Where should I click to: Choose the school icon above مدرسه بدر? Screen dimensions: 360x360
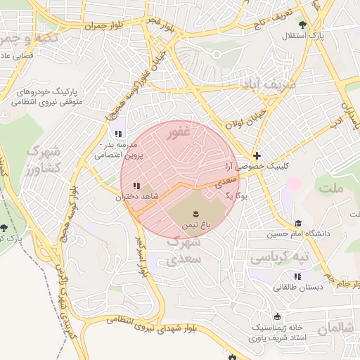pyautogui.click(x=117, y=134)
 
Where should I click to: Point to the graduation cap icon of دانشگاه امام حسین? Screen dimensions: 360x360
pyautogui.click(x=298, y=222)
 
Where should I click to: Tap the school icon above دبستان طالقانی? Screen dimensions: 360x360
pyautogui.click(x=298, y=276)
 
